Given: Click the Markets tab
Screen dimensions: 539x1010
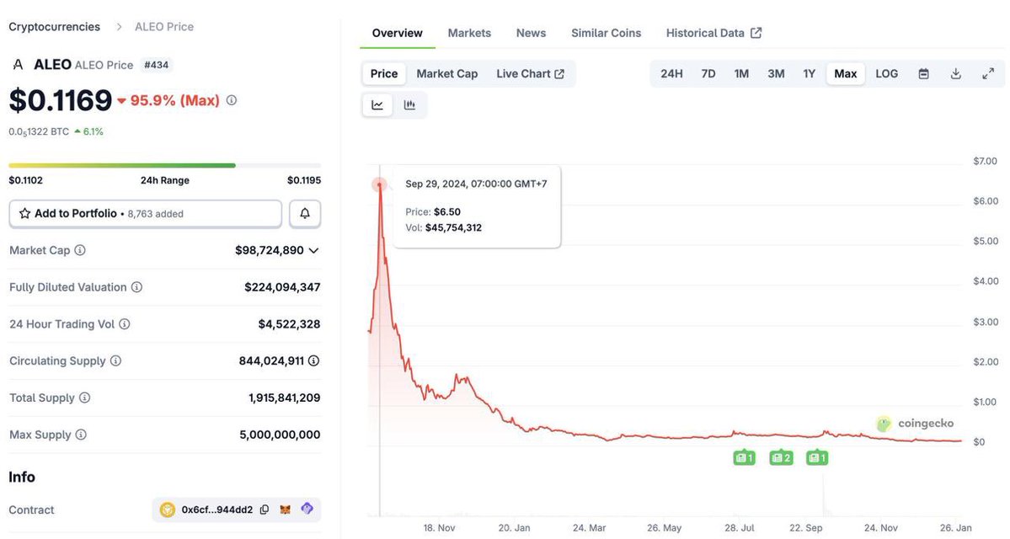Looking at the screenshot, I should pyautogui.click(x=469, y=33).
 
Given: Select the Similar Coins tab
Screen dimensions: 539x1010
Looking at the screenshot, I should pyautogui.click(x=606, y=33).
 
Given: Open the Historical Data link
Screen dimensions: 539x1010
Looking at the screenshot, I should pyautogui.click(x=713, y=33).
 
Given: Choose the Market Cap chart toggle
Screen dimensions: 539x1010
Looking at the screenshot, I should pyautogui.click(x=446, y=73).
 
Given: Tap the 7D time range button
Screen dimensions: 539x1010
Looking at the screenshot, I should pyautogui.click(x=708, y=73).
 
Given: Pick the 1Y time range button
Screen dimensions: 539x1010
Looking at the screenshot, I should pyautogui.click(x=809, y=73).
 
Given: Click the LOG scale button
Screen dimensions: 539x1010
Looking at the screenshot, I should pyautogui.click(x=886, y=73).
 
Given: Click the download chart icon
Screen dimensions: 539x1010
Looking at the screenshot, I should pyautogui.click(x=955, y=73).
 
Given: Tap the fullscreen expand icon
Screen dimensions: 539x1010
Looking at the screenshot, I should pyautogui.click(x=988, y=73).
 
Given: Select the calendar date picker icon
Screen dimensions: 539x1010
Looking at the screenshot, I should pyautogui.click(x=923, y=73).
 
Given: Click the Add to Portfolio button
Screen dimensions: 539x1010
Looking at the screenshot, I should pyautogui.click(x=145, y=214).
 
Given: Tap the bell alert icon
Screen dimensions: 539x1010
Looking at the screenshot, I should pyautogui.click(x=305, y=214).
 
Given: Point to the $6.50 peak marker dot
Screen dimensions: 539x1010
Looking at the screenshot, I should pyautogui.click(x=380, y=184).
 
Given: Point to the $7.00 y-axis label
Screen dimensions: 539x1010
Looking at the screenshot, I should pyautogui.click(x=985, y=161).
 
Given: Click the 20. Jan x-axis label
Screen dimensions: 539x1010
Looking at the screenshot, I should pyautogui.click(x=514, y=528).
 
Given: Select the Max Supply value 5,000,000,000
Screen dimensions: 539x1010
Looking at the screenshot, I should pyautogui.click(x=280, y=435).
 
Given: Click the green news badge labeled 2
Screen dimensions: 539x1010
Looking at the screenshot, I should pyautogui.click(x=781, y=457).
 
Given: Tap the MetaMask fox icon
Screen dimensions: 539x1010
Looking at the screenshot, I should pyautogui.click(x=286, y=510).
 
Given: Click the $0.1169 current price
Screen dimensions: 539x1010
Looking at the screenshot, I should pyautogui.click(x=61, y=100).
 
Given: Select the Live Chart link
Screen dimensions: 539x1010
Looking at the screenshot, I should pyautogui.click(x=530, y=73).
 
